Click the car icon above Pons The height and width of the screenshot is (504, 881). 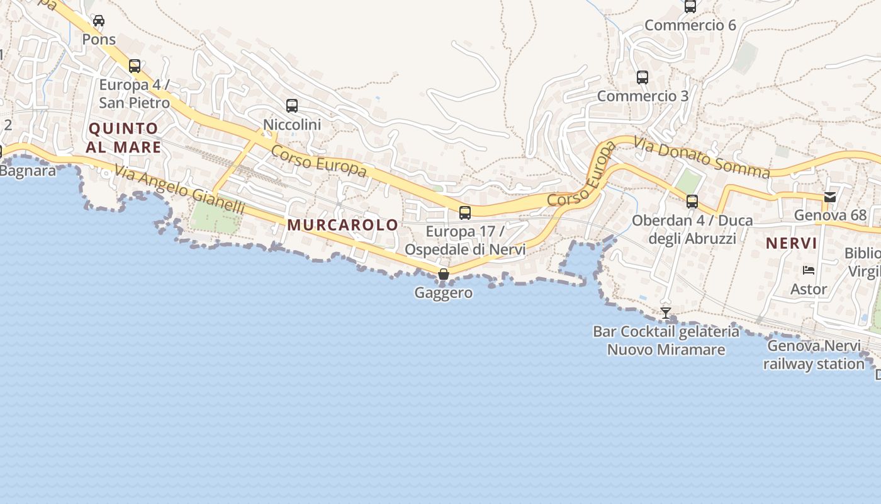point(99,21)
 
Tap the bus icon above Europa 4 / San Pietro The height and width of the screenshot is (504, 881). point(134,66)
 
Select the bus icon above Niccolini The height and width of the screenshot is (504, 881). point(291,105)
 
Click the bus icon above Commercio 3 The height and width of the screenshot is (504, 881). point(642,77)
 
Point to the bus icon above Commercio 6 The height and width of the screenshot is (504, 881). point(690,6)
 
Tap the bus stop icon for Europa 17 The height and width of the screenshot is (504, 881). point(464,212)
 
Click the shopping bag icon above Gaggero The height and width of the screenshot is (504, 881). point(443,274)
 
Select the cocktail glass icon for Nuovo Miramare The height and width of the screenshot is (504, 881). point(665,312)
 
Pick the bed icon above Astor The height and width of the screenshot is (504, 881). point(809,270)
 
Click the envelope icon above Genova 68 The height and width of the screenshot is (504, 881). point(829,197)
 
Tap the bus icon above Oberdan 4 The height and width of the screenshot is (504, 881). point(692,202)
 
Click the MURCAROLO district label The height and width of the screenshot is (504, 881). point(343,225)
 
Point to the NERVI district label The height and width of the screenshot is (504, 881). point(791,243)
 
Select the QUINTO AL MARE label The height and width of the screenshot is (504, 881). point(124,138)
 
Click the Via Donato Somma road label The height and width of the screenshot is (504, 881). point(702,157)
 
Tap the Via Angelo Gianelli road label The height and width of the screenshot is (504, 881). point(179,188)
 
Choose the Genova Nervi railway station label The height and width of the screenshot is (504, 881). point(814,355)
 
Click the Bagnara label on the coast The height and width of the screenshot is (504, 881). point(28,171)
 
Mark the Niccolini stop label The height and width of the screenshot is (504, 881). point(292,125)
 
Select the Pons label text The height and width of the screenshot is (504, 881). point(99,39)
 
